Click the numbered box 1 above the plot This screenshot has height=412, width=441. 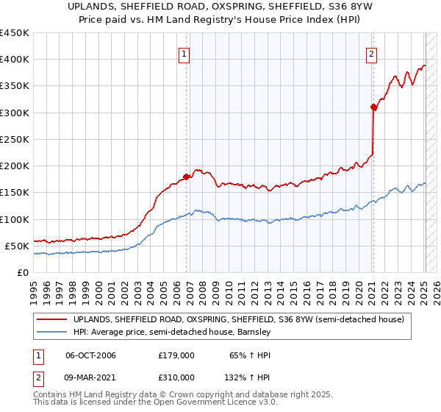click(x=183, y=53)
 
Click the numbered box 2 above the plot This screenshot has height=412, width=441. click(x=372, y=53)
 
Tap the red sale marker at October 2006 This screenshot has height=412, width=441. click(x=187, y=177)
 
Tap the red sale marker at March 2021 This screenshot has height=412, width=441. click(x=373, y=107)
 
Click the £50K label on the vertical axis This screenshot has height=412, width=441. click(x=17, y=246)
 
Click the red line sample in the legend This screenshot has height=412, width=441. click(x=52, y=319)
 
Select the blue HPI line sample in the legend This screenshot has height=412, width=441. click(x=52, y=333)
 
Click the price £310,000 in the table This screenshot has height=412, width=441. click(x=176, y=377)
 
